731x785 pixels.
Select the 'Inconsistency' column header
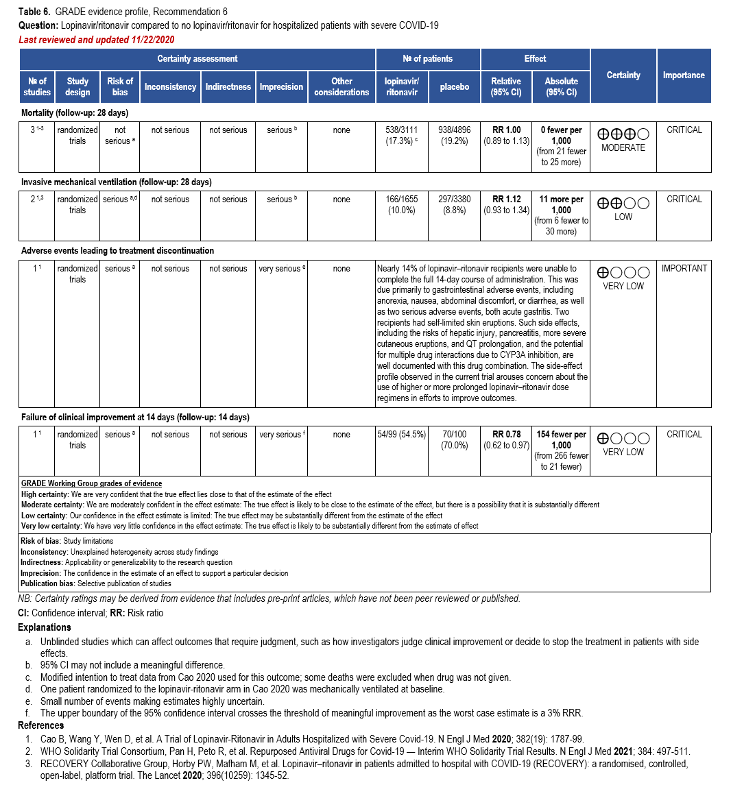(x=170, y=87)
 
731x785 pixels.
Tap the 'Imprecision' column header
(x=281, y=87)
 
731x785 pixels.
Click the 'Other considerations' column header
(x=341, y=87)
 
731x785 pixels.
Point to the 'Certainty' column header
(x=623, y=75)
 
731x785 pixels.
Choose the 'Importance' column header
(x=683, y=75)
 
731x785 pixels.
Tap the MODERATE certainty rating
(x=623, y=147)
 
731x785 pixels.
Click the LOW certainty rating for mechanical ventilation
(x=623, y=217)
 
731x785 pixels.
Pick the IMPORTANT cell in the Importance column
(x=684, y=269)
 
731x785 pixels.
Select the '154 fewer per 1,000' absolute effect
(x=561, y=440)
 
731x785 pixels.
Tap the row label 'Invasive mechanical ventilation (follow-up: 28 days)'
(x=117, y=182)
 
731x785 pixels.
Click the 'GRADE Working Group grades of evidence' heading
(x=91, y=484)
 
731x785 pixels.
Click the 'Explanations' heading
(x=45, y=627)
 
